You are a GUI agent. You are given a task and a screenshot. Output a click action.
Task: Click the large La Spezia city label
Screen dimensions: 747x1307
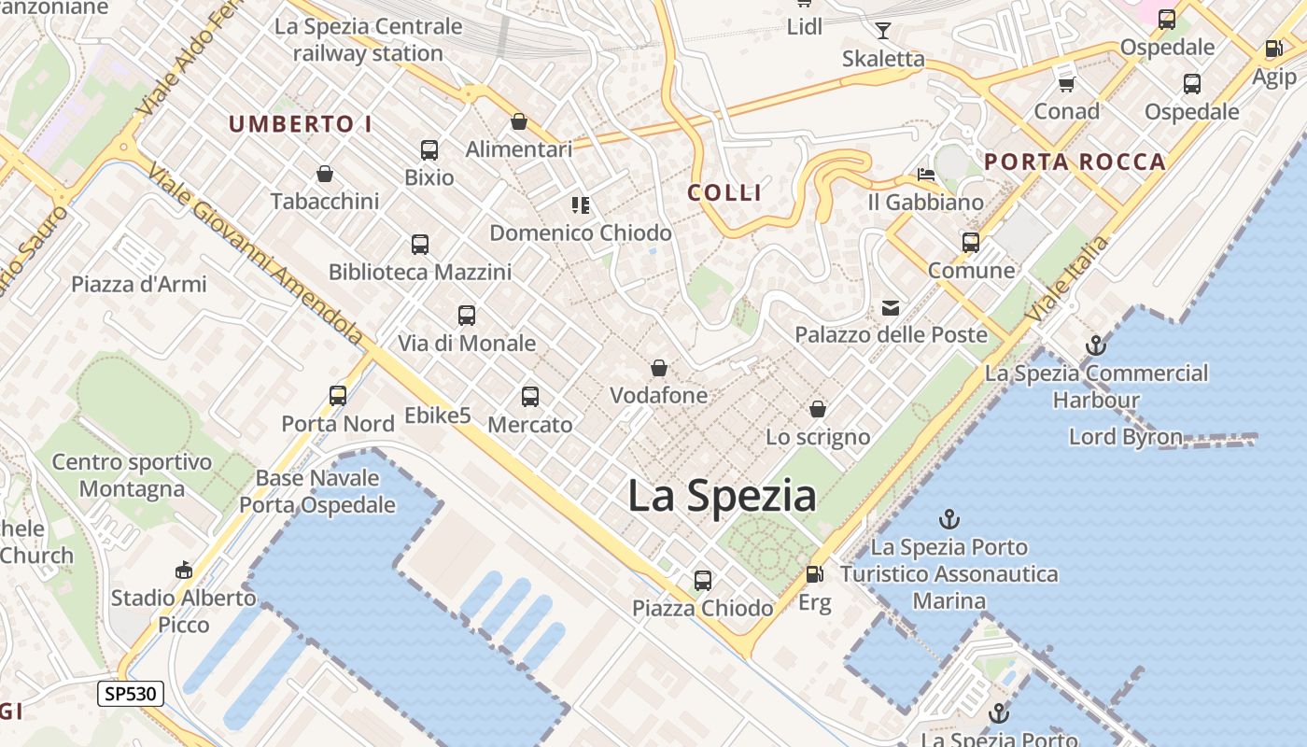(722, 496)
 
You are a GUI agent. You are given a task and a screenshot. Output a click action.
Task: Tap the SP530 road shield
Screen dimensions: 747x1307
(131, 694)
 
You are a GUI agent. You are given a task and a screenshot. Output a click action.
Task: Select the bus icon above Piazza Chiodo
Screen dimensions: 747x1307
(703, 581)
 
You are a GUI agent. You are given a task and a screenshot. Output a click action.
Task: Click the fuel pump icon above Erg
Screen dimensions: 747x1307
(814, 574)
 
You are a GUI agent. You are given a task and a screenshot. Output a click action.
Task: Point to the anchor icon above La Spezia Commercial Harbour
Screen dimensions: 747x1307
(1095, 346)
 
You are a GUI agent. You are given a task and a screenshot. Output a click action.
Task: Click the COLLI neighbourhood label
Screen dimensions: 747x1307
(724, 193)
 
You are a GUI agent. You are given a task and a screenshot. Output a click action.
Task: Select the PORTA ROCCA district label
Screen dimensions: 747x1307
(1075, 162)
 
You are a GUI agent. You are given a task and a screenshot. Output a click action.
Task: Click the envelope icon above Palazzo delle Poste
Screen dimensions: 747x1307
(891, 308)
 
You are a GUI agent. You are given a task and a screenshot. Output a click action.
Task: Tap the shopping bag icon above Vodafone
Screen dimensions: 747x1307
(659, 369)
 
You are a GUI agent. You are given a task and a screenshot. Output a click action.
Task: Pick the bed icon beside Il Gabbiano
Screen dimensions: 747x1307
(925, 175)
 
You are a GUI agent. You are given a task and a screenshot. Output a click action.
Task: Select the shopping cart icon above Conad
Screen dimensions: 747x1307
(1066, 84)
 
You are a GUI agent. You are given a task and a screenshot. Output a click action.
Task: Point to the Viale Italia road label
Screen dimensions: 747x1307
(1067, 279)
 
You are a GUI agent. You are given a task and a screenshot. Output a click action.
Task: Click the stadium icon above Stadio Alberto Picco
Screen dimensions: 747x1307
(184, 571)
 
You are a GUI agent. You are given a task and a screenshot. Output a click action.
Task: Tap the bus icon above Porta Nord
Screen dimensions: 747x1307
(338, 396)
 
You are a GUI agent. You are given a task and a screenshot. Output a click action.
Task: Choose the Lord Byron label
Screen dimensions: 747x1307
(1125, 437)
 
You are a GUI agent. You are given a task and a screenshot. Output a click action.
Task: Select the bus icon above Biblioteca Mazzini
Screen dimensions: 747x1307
(420, 245)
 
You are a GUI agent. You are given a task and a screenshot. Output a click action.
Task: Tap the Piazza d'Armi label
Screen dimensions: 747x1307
(139, 284)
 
